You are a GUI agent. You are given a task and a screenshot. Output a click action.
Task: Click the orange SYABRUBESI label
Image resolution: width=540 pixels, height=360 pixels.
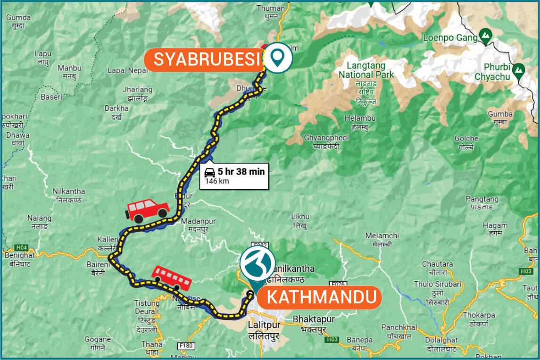click(207, 59)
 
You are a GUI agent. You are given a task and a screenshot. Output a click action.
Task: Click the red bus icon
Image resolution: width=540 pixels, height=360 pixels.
click(172, 278)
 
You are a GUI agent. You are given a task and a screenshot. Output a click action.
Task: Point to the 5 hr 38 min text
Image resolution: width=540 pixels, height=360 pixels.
click(241, 171)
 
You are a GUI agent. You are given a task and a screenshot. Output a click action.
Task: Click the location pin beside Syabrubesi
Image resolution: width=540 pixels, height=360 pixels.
click(278, 58)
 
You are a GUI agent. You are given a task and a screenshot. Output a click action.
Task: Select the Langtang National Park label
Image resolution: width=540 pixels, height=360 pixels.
click(366, 70)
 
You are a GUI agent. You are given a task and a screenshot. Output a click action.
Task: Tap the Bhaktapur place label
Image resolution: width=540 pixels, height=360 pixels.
click(314, 319)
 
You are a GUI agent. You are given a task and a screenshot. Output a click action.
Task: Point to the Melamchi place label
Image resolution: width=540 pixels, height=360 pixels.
click(382, 235)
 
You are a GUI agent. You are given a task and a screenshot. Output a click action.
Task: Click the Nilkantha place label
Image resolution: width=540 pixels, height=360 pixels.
click(69, 191)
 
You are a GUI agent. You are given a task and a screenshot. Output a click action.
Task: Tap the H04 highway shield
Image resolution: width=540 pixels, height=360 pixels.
click(21, 247)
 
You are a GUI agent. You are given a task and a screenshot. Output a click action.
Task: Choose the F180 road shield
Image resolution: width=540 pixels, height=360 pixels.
click(187, 346)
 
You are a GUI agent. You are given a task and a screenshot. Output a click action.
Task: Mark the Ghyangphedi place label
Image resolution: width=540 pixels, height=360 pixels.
click(327, 137)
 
